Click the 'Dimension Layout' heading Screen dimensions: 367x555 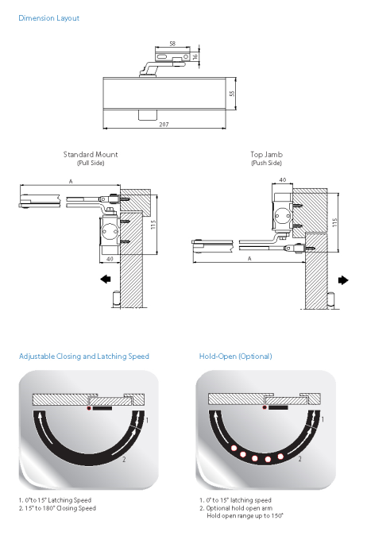click(x=49, y=18)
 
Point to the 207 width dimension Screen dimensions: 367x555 click(x=164, y=125)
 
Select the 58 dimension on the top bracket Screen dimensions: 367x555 click(x=172, y=44)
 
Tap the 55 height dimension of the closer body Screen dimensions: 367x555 click(x=232, y=94)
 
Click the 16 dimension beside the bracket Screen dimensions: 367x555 click(x=195, y=56)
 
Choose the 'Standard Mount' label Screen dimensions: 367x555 click(x=91, y=154)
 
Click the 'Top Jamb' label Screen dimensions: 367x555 click(x=266, y=154)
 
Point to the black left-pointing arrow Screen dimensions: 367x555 click(x=106, y=279)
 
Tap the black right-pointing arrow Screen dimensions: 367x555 click(x=343, y=280)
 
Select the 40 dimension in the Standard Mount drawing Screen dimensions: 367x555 click(x=110, y=259)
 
